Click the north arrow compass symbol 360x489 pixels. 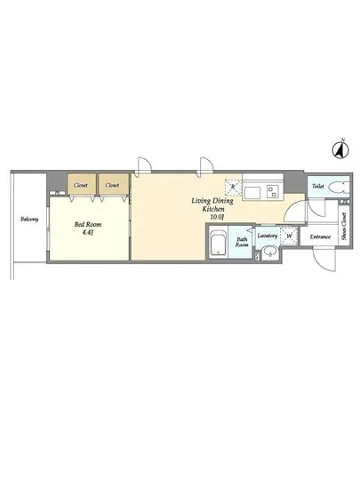point(340,149)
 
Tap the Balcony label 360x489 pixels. point(29,219)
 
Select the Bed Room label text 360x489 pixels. point(88,224)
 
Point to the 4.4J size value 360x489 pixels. point(88,232)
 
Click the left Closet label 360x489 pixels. point(81,185)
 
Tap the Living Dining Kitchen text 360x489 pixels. point(212,204)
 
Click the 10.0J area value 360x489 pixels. point(217,217)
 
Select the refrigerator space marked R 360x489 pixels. point(233,188)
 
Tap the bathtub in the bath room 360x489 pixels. point(218,244)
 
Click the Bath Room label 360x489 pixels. point(242,242)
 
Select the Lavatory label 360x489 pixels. point(268,236)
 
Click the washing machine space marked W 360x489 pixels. point(289,236)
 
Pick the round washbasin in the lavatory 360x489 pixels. point(270,252)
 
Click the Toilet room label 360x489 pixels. point(318,186)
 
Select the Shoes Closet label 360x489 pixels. point(344,226)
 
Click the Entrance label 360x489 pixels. point(320,236)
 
